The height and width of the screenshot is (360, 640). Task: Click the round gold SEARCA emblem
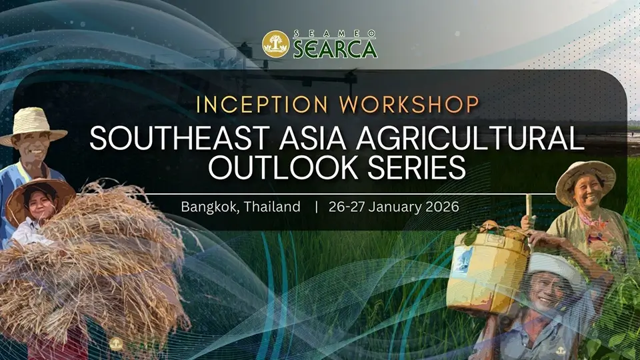coord(276,44)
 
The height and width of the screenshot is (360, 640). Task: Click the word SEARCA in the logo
coord(335,48)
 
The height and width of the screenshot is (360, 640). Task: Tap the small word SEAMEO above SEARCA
coord(335,33)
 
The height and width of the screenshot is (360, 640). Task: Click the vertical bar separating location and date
coord(315,207)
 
